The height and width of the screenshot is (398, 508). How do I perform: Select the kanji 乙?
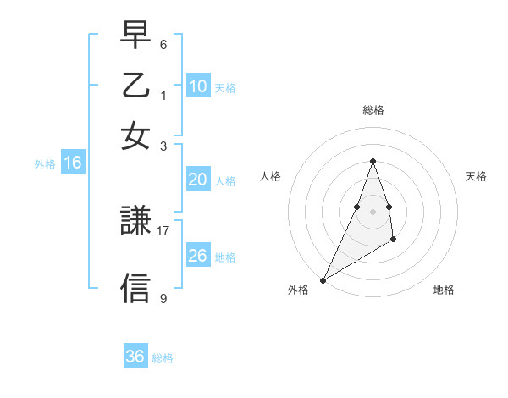tap(135, 86)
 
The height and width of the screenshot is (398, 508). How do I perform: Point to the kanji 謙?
tap(135, 223)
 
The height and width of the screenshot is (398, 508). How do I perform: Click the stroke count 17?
tap(163, 229)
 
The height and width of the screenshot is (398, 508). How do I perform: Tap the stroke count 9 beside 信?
tap(163, 298)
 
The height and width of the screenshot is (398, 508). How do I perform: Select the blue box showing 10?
tap(198, 86)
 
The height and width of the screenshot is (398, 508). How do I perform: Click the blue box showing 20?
tap(198, 180)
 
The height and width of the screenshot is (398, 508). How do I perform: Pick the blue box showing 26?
tap(198, 255)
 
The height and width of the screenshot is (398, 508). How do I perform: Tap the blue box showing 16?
tap(73, 163)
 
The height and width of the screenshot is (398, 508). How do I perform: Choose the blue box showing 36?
tap(135, 357)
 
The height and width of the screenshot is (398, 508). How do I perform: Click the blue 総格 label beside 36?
tap(163, 358)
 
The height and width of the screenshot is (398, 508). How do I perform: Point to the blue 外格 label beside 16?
tap(45, 164)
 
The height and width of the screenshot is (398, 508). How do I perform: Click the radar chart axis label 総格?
tap(373, 110)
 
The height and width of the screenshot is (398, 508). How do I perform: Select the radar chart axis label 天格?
tap(476, 176)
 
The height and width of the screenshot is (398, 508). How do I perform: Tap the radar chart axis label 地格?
tap(444, 290)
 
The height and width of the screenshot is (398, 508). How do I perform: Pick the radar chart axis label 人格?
tap(270, 176)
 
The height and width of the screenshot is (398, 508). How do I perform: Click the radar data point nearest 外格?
tap(323, 279)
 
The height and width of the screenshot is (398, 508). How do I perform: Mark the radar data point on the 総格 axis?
tap(373, 161)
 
